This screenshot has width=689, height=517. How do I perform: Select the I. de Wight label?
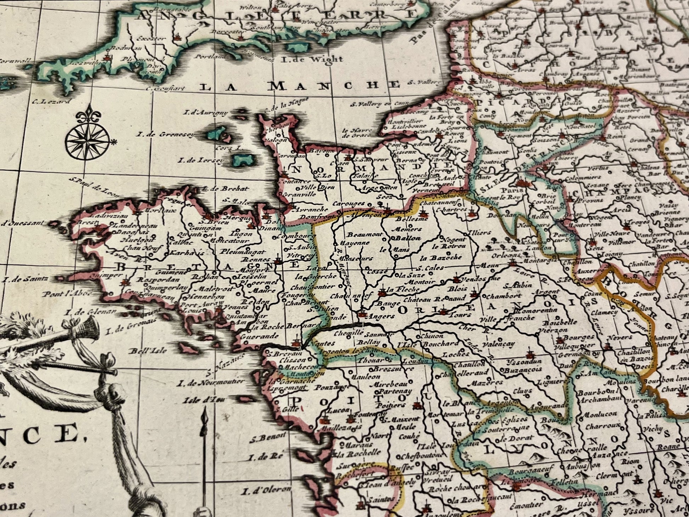click(311, 59)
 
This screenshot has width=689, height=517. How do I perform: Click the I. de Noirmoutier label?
click(212, 382)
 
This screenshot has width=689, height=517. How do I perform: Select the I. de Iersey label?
click(201, 160)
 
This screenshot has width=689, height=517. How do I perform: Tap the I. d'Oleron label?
click(266, 491)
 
